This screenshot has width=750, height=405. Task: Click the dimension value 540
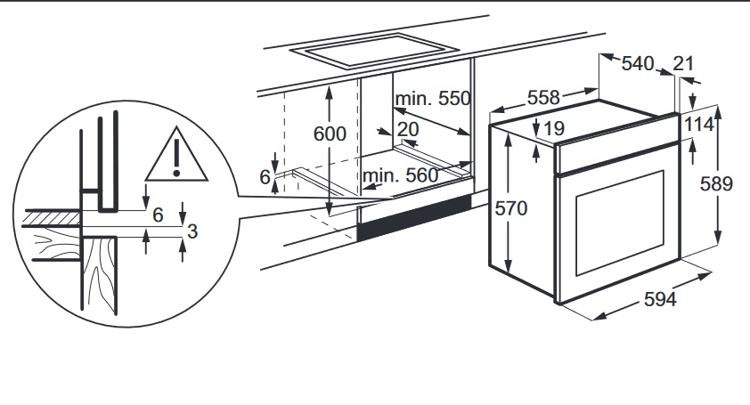tap(638, 63)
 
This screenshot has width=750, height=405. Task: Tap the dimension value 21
tap(684, 63)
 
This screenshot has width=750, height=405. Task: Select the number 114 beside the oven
tap(699, 125)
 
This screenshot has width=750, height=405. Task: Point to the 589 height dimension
tap(716, 184)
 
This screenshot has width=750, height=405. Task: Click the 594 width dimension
tap(660, 300)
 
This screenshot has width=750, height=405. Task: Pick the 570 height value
tap(512, 209)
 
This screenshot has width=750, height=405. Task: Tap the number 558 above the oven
tap(543, 98)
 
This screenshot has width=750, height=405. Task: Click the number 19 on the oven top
tap(554, 129)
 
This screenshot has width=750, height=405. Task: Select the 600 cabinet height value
tap(330, 134)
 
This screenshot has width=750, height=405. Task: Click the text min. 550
tap(433, 98)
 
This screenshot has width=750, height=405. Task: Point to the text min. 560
tap(401, 176)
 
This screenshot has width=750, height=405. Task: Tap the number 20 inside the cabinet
tap(408, 130)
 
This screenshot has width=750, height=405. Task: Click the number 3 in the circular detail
tap(191, 231)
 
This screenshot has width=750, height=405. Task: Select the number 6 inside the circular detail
tap(159, 215)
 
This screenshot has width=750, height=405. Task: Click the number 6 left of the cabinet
tap(265, 178)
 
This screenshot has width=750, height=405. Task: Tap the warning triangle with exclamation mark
tap(176, 154)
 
